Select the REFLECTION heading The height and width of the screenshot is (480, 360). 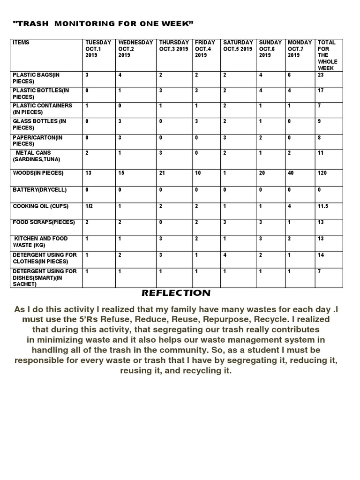(x=176, y=293)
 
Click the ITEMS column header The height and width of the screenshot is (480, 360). (x=21, y=43)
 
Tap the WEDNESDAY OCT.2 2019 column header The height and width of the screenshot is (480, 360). (x=135, y=49)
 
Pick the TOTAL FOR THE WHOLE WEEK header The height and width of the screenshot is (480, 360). (x=327, y=55)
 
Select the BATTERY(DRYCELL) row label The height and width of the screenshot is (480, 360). (x=40, y=190)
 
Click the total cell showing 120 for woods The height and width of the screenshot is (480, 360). (x=323, y=173)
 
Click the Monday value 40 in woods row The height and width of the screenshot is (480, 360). (x=292, y=173)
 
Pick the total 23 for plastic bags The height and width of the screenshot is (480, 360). (x=321, y=75)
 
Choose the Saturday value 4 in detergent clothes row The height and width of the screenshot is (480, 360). (x=225, y=255)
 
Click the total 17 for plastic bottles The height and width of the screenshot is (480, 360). (x=321, y=90)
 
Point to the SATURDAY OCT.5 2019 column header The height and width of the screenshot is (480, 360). (x=238, y=45)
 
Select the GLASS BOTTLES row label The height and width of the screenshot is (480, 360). (x=39, y=124)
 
